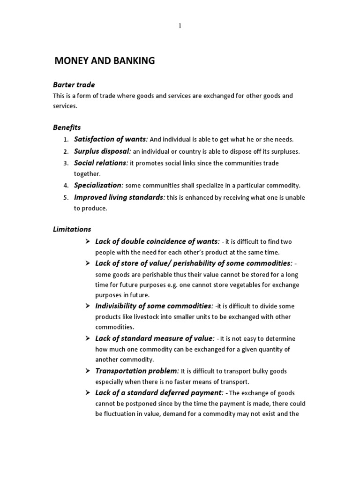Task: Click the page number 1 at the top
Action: click(x=180, y=26)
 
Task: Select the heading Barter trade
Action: click(x=74, y=85)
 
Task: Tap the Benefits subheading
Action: click(x=67, y=127)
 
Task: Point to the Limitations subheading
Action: click(x=72, y=229)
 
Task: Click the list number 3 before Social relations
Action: click(x=66, y=163)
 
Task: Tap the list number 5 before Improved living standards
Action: click(x=66, y=197)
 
